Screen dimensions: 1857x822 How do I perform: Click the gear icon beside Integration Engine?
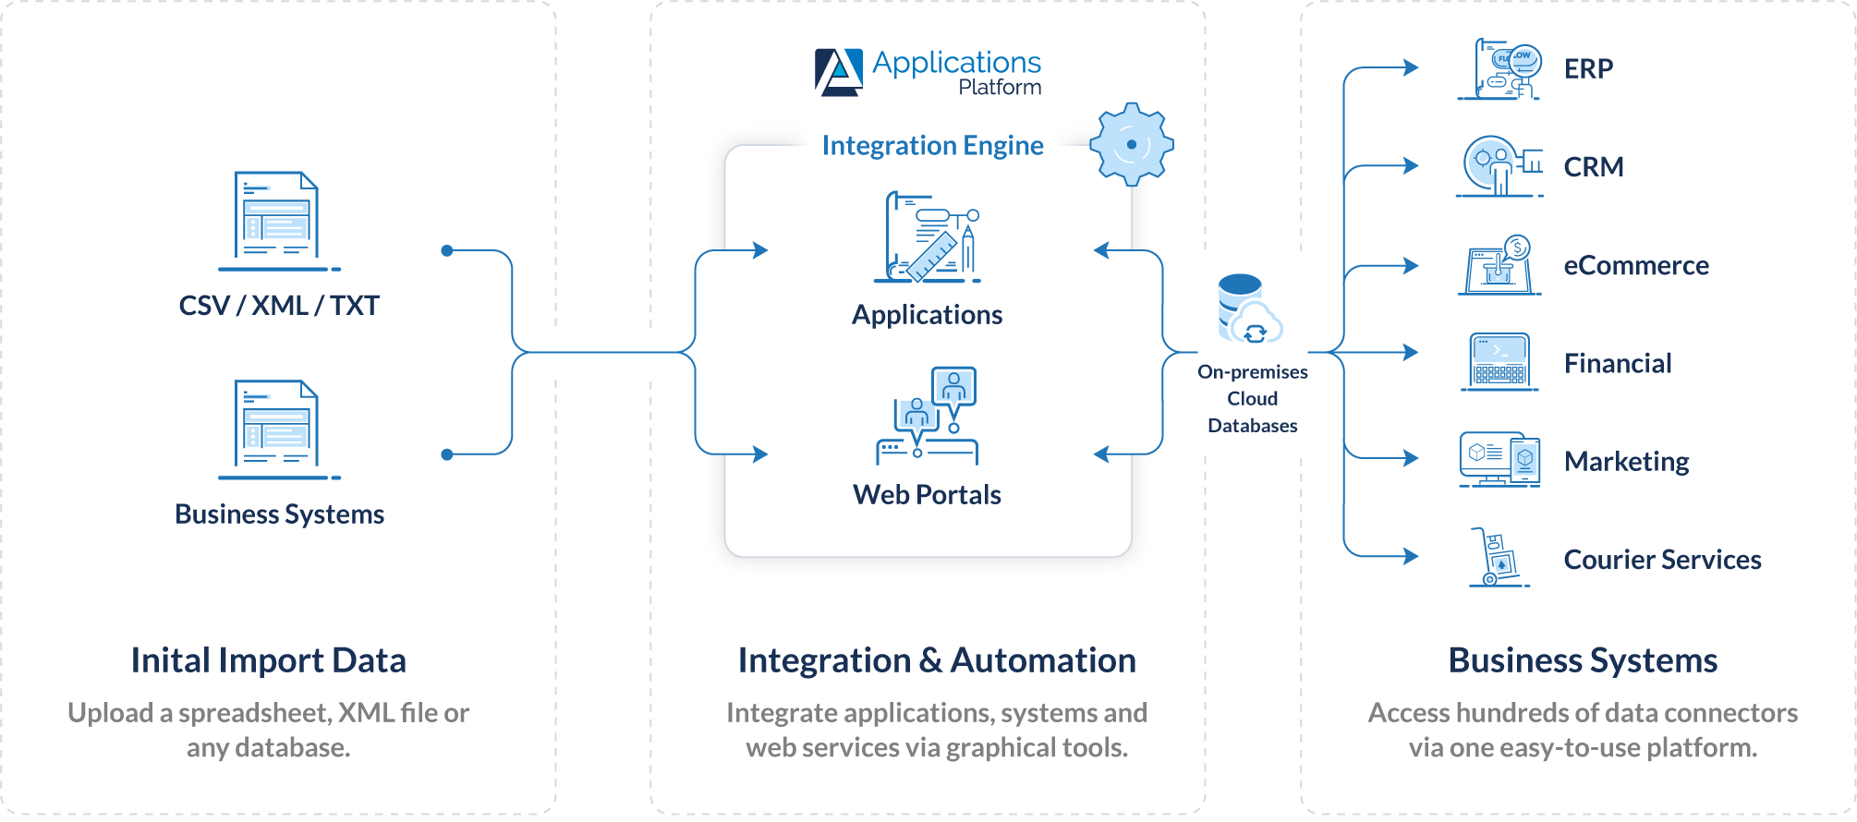pyautogui.click(x=1132, y=144)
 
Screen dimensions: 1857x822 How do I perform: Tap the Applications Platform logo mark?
pyautogui.click(x=839, y=72)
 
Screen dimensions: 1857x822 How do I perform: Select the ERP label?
pyautogui.click(x=1588, y=68)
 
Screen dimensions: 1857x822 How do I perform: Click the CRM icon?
pyautogui.click(x=1499, y=166)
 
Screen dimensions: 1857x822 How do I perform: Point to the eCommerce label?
pyautogui.click(x=1636, y=265)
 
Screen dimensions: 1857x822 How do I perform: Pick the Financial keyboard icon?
pyautogui.click(x=1499, y=362)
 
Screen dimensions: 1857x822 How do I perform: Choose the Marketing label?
pyautogui.click(x=1626, y=461)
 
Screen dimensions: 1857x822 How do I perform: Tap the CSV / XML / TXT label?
pyautogui.click(x=279, y=306)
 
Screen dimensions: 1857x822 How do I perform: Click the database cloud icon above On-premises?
pyautogui.click(x=1250, y=309)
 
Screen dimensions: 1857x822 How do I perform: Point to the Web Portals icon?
pyautogui.click(x=927, y=416)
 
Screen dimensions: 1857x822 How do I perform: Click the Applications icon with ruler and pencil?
pyautogui.click(x=927, y=236)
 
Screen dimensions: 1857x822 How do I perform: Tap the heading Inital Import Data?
pyautogui.click(x=269, y=660)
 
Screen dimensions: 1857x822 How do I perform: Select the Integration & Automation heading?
pyautogui.click(x=937, y=660)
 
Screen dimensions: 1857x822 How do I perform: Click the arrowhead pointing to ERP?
pyautogui.click(x=1411, y=67)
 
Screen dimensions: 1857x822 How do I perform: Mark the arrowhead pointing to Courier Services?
pyautogui.click(x=1411, y=556)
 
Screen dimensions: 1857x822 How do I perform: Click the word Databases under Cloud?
pyautogui.click(x=1253, y=426)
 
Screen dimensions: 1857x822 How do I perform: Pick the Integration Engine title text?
pyautogui.click(x=933, y=146)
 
